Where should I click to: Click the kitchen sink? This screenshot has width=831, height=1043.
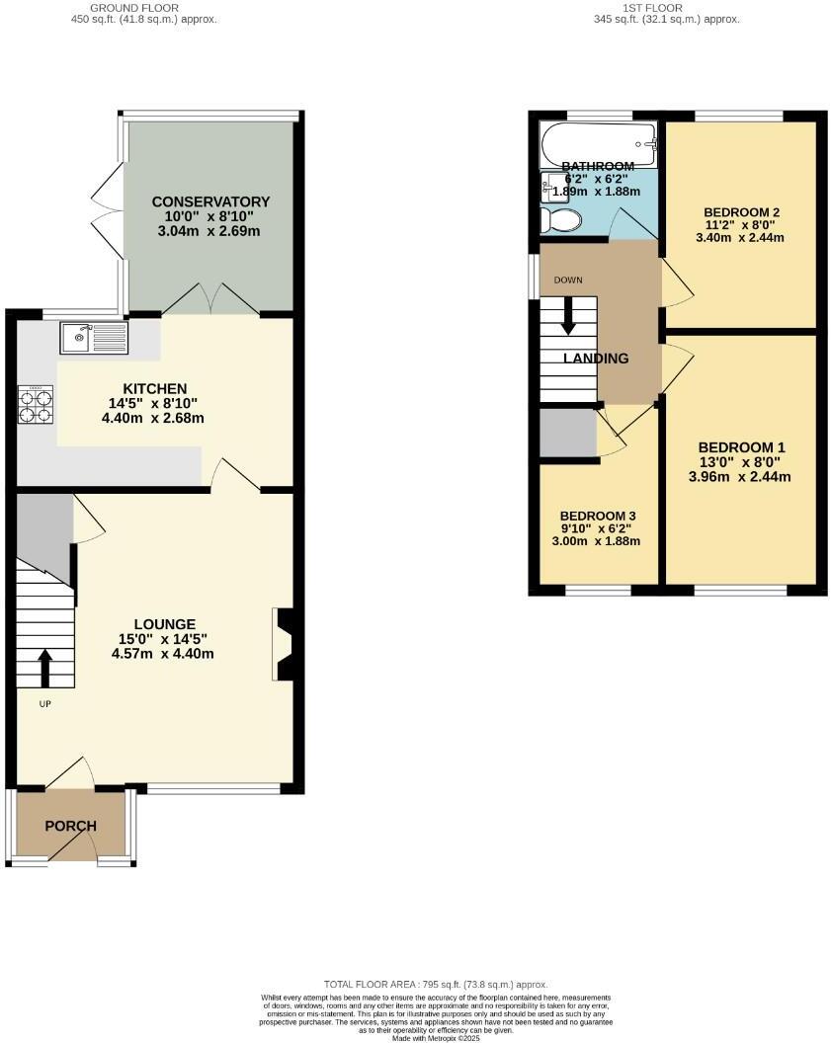(x=93, y=338)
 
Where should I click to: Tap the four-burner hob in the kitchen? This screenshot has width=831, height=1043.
(x=35, y=404)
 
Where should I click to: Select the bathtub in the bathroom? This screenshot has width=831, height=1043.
(x=598, y=144)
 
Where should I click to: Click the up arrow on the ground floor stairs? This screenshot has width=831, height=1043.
(x=45, y=668)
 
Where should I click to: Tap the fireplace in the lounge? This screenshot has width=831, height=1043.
(x=284, y=645)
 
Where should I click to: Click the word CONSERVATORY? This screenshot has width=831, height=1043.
(x=210, y=201)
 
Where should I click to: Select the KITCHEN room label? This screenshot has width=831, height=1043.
(x=155, y=388)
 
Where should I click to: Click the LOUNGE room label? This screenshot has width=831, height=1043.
(x=165, y=624)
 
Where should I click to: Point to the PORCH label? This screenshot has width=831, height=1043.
(x=71, y=826)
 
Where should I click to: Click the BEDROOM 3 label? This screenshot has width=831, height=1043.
(x=597, y=516)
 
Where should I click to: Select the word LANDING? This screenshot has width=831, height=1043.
(x=596, y=359)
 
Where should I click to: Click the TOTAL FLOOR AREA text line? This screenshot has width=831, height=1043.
(x=436, y=985)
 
